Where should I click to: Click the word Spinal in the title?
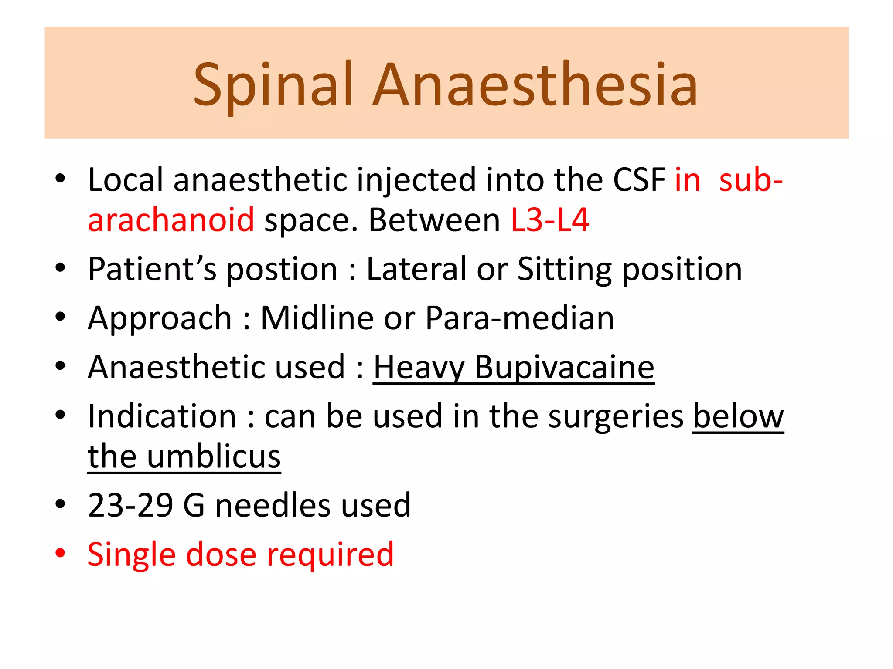coord(273,85)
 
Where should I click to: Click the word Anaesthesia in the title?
coord(535,85)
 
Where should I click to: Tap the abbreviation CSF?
coord(639,180)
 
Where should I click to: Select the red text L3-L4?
coord(550,220)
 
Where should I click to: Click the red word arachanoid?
coord(171,220)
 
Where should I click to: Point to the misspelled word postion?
coord(282,269)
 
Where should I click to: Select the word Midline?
coord(317,318)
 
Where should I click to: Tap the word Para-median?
coord(520,318)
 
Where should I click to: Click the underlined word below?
coord(738,417)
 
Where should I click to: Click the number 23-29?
coord(130,505)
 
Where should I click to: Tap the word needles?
coord(273,505)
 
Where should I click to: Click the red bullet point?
coord(60,553)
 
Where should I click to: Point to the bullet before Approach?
coord(60,317)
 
